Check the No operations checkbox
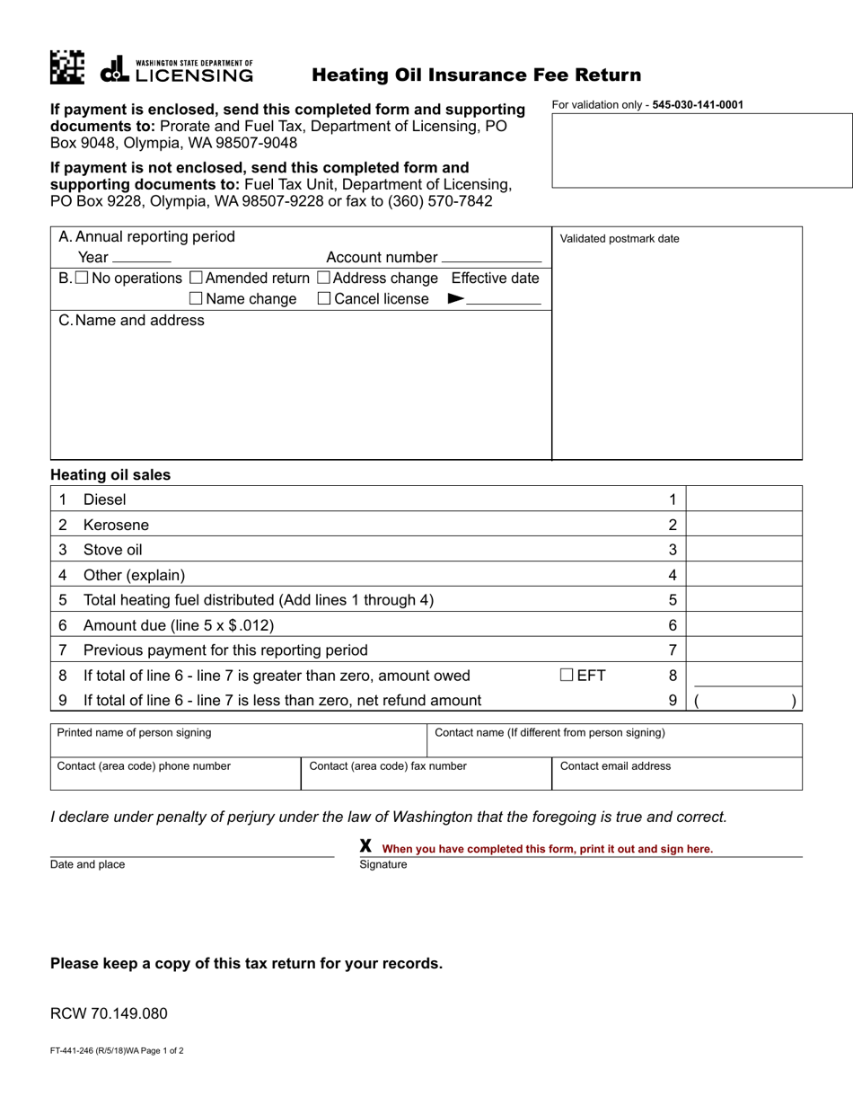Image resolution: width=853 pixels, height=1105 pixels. pyautogui.click(x=82, y=278)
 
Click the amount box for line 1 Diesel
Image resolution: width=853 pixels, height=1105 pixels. pyautogui.click(x=743, y=499)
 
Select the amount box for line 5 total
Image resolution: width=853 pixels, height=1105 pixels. pyautogui.click(x=743, y=599)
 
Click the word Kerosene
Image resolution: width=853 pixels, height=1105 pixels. pyautogui.click(x=116, y=525)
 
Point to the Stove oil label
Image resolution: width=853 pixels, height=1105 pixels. pyautogui.click(x=112, y=550)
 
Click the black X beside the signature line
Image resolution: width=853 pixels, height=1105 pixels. pyautogui.click(x=365, y=846)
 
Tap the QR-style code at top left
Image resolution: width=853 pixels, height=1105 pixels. pyautogui.click(x=67, y=67)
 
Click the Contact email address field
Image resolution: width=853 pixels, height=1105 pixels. pyautogui.click(x=676, y=773)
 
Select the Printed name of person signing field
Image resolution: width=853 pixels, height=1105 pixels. pyautogui.click(x=238, y=740)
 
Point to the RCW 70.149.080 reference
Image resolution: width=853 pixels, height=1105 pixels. pyautogui.click(x=109, y=1014)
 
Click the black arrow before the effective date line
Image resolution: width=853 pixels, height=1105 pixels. pyautogui.click(x=455, y=299)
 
